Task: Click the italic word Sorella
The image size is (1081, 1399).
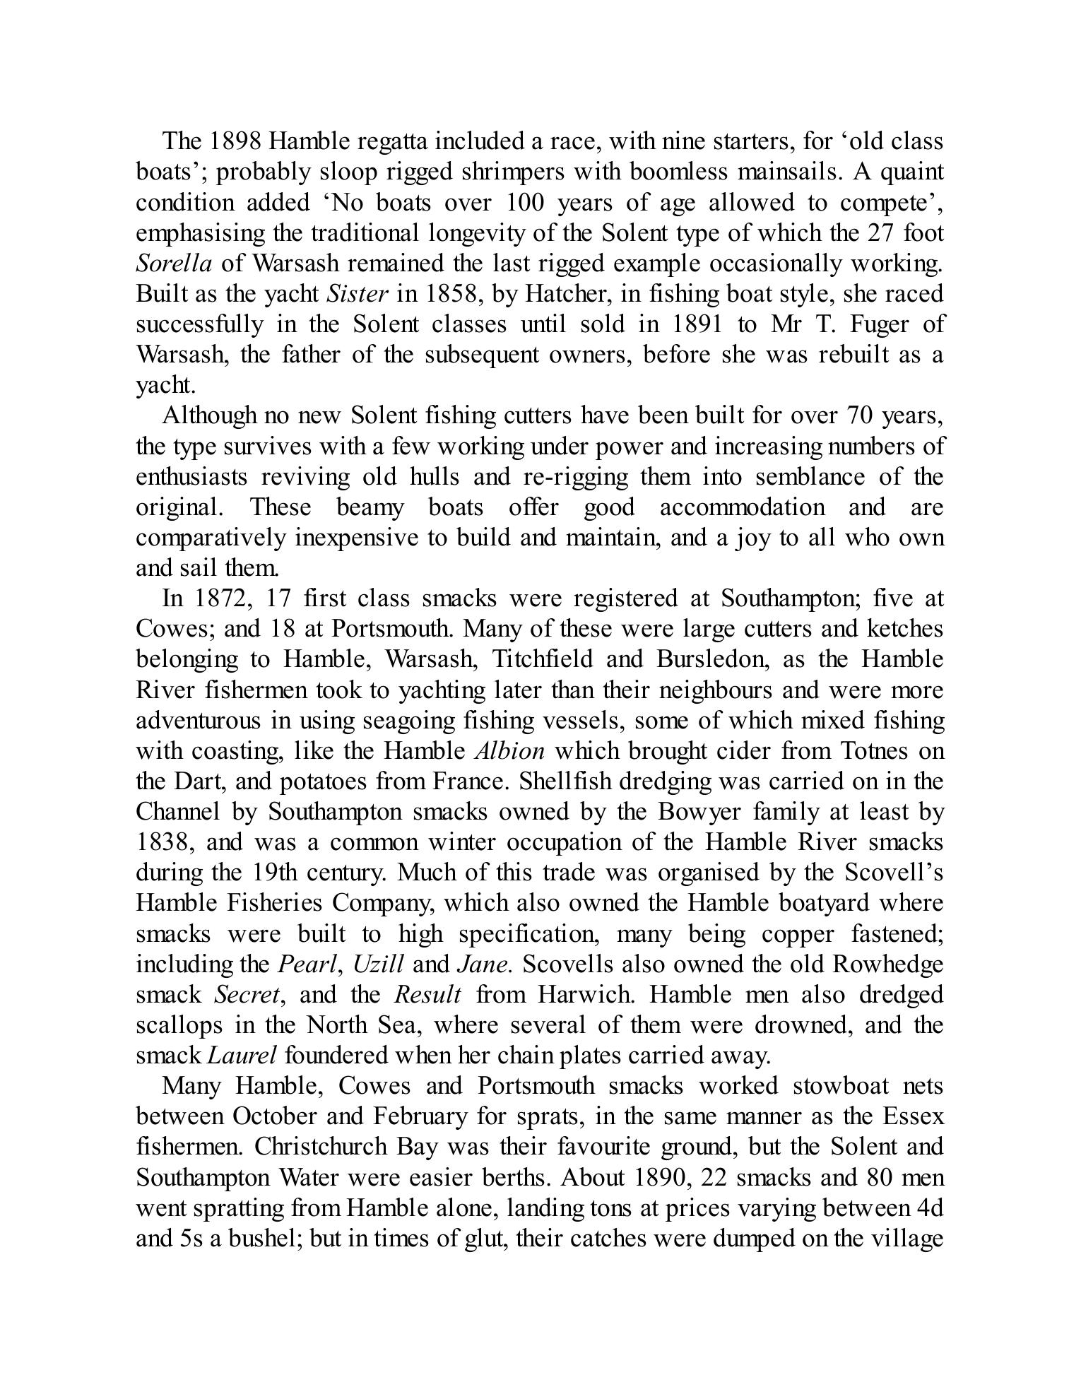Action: [x=174, y=264]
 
